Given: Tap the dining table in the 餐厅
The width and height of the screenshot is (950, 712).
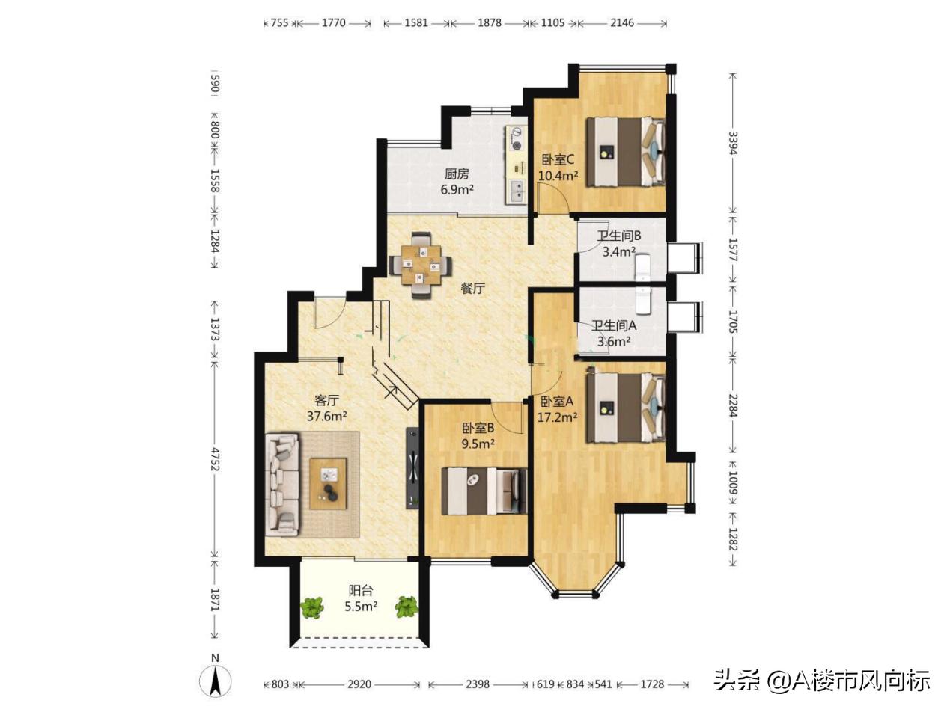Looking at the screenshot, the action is (x=421, y=265).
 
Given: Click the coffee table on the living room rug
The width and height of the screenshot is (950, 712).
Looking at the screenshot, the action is (x=328, y=484).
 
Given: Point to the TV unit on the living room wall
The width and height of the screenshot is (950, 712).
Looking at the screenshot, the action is (x=412, y=467).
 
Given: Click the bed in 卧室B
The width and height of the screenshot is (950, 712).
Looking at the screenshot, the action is (x=484, y=491).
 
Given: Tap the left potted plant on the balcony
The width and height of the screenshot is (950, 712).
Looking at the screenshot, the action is (x=312, y=607).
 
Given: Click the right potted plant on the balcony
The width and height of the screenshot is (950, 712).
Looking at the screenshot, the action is (x=407, y=607).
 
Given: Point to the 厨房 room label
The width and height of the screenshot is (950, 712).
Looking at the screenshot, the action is (x=457, y=174).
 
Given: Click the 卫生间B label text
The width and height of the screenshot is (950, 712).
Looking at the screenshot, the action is (x=618, y=236).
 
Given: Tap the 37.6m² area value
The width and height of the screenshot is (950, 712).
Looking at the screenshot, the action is (x=326, y=417).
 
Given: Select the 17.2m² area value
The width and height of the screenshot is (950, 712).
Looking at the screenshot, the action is (x=557, y=417).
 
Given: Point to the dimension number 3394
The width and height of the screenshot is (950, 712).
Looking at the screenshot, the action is (x=732, y=143).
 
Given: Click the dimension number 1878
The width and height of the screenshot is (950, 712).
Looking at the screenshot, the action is (x=490, y=22).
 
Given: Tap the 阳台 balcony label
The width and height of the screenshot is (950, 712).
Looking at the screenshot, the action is (x=361, y=591).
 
